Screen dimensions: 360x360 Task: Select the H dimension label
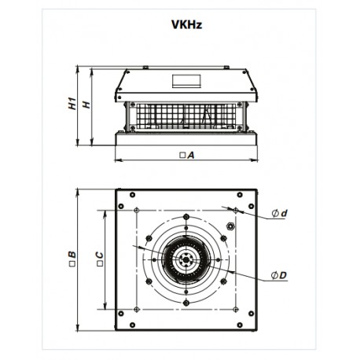pyautogui.click(x=86, y=104)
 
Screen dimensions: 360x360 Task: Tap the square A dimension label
pyautogui.click(x=187, y=156)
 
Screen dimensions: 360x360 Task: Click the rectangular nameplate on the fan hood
pyautogui.click(x=187, y=79)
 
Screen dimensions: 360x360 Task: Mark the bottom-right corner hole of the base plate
pyautogui.click(x=251, y=321)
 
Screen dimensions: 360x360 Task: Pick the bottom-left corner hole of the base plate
pyautogui.click(x=121, y=321)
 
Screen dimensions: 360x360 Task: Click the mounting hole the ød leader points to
pyautogui.click(x=234, y=209)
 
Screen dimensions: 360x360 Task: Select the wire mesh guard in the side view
pyautogui.click(x=186, y=116)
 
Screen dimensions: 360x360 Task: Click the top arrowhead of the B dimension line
pyautogui.click(x=79, y=190)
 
